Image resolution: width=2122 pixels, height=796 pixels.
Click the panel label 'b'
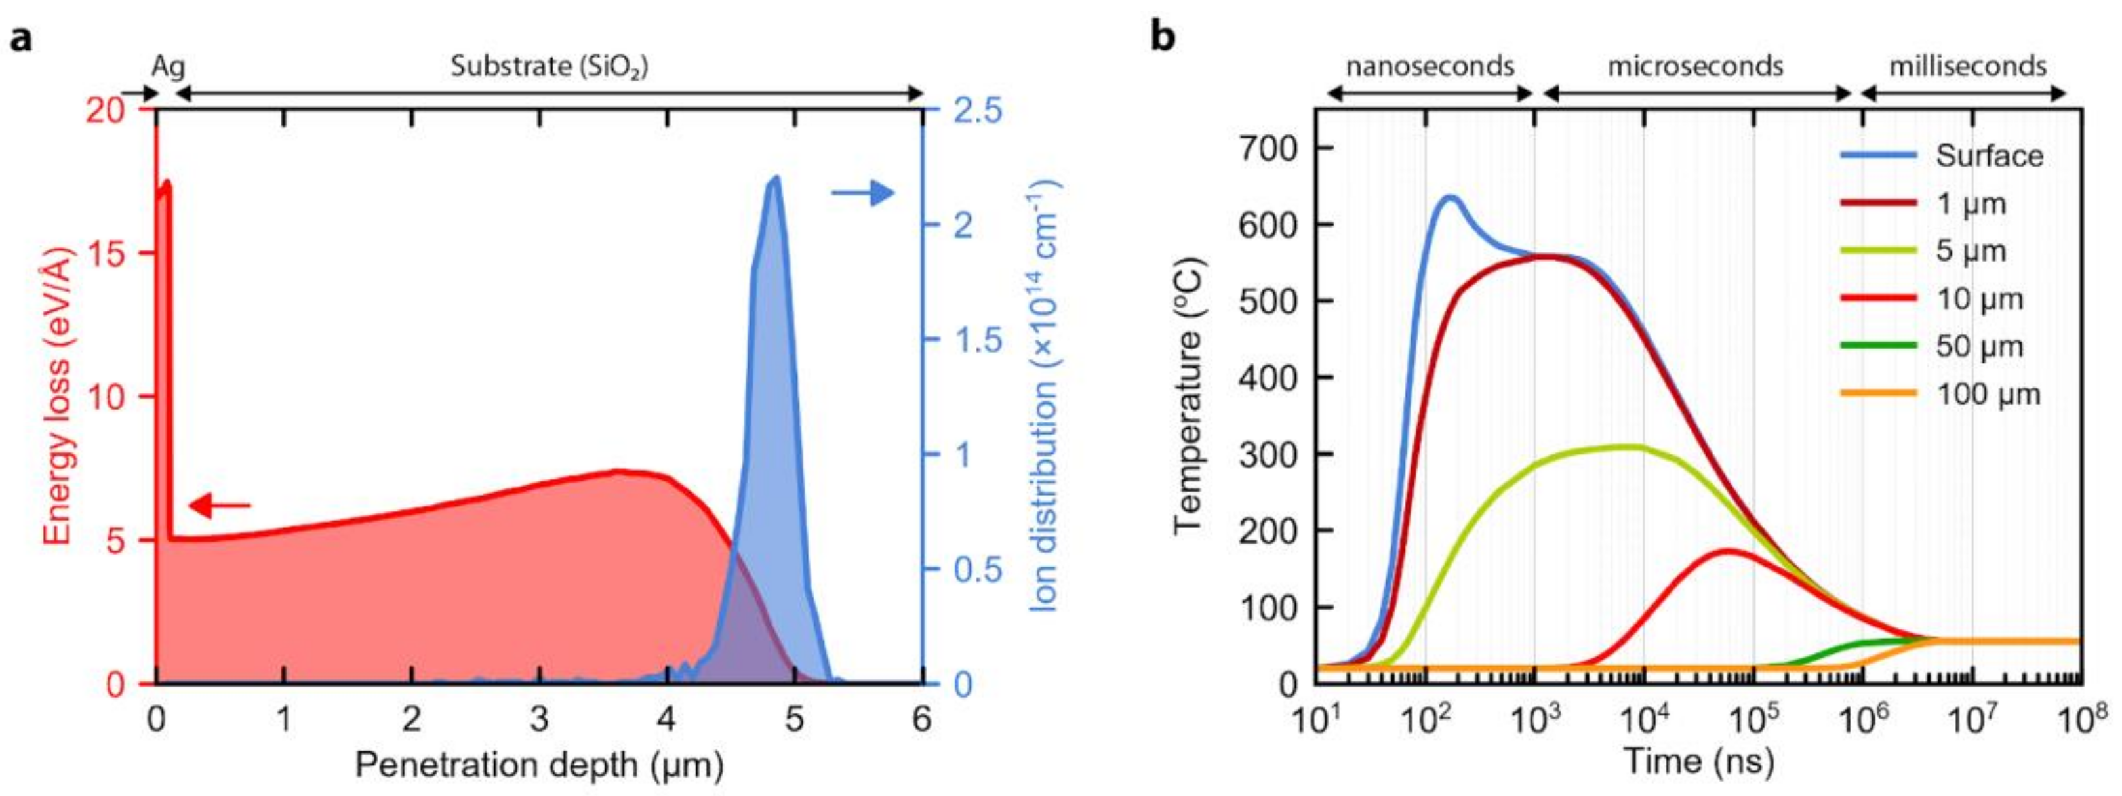pos(1163,37)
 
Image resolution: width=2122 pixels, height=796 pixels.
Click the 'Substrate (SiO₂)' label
pos(550,67)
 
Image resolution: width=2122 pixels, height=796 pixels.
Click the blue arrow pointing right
pos(862,193)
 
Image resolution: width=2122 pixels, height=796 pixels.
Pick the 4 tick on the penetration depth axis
pos(666,720)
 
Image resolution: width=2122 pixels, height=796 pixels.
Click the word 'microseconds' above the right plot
pos(1695,66)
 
